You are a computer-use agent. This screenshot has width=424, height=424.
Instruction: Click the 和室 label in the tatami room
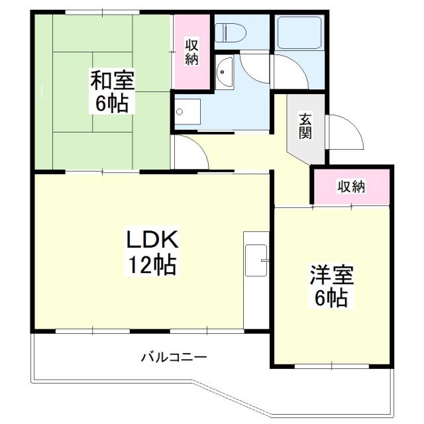[113, 81]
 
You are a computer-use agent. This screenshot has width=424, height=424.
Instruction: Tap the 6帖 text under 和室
[112, 103]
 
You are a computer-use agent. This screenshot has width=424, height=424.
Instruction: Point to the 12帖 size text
[152, 265]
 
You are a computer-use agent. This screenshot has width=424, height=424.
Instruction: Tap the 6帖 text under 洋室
[332, 298]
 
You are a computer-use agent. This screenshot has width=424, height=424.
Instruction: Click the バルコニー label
[174, 357]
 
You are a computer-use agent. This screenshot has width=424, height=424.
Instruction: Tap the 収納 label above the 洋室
[351, 186]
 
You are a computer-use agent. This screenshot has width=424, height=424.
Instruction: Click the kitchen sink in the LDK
[256, 260]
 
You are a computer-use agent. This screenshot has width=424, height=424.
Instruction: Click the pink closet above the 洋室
[352, 187]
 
